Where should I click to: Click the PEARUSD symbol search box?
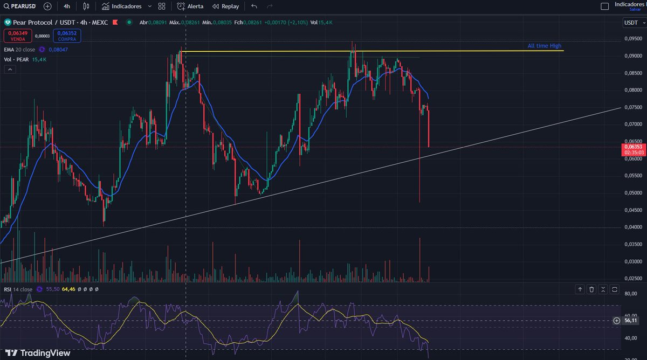point(20,6)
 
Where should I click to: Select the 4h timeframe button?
point(66,6)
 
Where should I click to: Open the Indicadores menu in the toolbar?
point(122,6)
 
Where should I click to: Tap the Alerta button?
point(191,6)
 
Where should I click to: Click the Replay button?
point(225,6)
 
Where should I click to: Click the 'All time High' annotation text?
point(544,46)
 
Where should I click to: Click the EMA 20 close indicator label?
point(19,49)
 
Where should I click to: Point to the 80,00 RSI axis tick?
point(630,294)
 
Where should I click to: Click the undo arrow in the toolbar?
point(254,6)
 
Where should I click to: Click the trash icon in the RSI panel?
point(591,289)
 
